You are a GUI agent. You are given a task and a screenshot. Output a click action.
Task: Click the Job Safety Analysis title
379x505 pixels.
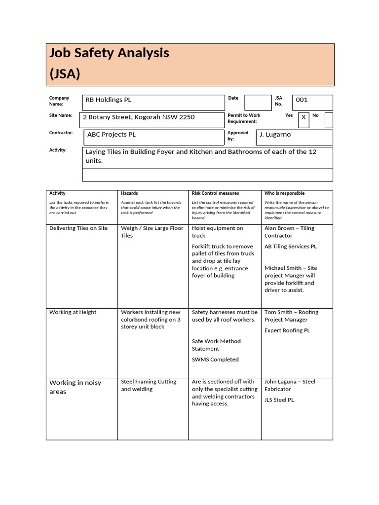[109, 53]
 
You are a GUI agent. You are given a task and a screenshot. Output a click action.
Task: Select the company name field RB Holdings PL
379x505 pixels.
[109, 100]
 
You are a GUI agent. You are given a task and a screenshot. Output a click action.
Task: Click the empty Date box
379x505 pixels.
[258, 103]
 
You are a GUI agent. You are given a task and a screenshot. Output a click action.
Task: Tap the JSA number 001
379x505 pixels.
[302, 100]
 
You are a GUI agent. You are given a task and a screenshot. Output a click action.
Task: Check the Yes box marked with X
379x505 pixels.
[303, 118]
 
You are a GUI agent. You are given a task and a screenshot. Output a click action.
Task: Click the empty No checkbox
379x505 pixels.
[329, 120]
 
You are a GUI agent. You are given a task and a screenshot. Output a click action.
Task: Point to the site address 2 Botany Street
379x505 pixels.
[139, 117]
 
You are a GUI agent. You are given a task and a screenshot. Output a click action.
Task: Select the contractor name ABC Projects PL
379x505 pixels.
[112, 135]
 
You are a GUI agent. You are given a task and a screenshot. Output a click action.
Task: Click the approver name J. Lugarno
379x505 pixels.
[275, 135]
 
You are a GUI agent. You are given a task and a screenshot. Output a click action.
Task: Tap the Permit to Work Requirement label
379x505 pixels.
[244, 118]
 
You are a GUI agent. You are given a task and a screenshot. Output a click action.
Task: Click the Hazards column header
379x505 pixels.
[129, 193]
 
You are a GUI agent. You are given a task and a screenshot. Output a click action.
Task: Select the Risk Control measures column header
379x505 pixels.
[215, 193]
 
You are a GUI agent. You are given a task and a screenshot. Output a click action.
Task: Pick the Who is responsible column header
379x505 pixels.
[284, 193]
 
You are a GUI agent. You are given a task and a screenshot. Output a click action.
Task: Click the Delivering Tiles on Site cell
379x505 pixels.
[78, 228]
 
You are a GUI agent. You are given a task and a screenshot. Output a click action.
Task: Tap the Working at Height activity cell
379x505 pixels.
[73, 312]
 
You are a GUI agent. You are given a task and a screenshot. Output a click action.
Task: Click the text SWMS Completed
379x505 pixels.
[215, 360]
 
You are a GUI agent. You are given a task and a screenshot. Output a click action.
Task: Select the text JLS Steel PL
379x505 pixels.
[279, 400]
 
